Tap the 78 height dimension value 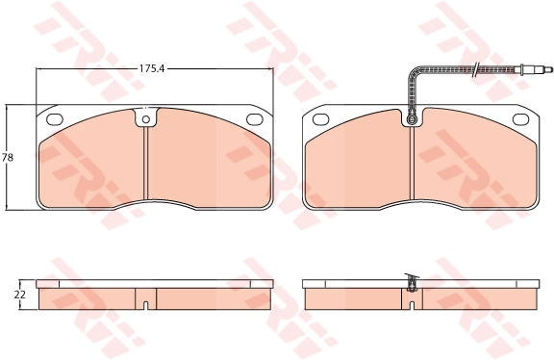point(8,157)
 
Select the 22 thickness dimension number point(20,295)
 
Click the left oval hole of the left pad point(55,119)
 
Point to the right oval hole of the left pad point(254,119)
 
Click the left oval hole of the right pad point(321,119)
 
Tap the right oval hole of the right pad point(520,119)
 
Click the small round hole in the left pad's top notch point(146,119)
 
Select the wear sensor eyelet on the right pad point(412,119)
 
